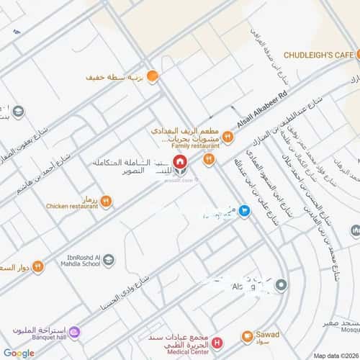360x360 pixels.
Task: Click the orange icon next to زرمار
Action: [x=106, y=202]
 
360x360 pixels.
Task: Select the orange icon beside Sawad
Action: [x=247, y=336]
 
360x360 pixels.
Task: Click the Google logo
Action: [x=19, y=352]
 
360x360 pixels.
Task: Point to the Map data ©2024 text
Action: [x=335, y=356]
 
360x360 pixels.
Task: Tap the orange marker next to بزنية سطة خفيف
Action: [x=153, y=76]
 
